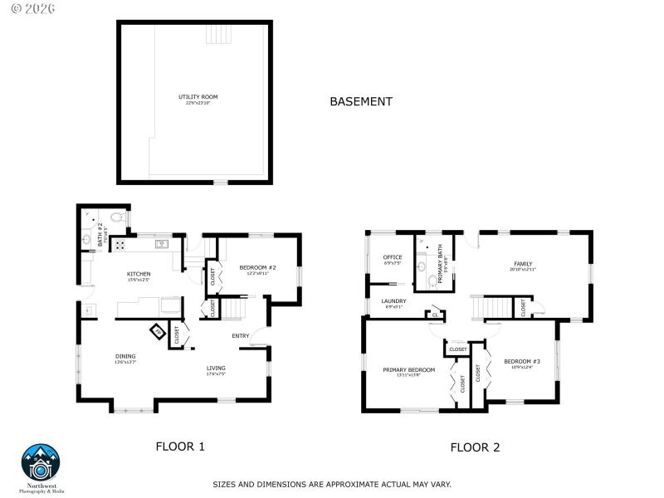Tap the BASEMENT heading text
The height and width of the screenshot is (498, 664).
(x=361, y=101)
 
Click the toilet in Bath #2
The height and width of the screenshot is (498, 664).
(x=116, y=219)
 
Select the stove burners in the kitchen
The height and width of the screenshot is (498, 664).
(x=119, y=245)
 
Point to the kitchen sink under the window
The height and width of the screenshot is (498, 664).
(x=160, y=244)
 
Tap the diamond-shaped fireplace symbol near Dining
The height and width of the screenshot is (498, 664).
(x=157, y=332)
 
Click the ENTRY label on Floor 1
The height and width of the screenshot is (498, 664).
(x=241, y=335)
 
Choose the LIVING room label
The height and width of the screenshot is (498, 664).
(x=216, y=368)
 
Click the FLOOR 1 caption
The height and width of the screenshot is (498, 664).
(x=180, y=447)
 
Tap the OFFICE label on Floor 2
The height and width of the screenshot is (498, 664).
(x=393, y=257)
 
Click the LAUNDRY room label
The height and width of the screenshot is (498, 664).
(x=393, y=301)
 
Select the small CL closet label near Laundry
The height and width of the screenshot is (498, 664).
(x=435, y=315)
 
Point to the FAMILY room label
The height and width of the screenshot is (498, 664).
(x=523, y=265)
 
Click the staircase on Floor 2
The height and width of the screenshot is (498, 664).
(x=489, y=308)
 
